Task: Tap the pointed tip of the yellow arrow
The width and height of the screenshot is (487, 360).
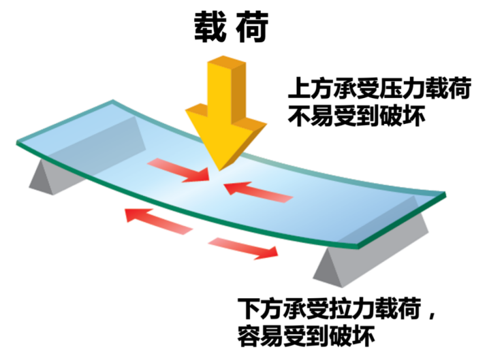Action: [x=216, y=169]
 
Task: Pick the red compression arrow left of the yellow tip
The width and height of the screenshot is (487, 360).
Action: [x=179, y=169]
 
